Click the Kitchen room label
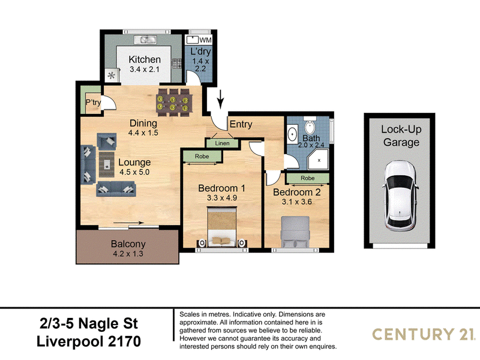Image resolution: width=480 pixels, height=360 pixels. tap(145, 59)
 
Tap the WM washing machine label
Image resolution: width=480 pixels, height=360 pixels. tap(205, 40)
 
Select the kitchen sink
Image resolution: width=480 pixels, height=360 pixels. tap(145, 40)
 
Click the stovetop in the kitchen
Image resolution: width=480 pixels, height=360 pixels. tap(177, 64)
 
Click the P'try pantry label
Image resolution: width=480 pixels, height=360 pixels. tap(93, 102)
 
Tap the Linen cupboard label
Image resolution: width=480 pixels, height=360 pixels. tap(222, 143)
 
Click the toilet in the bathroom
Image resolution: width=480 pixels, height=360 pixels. tap(310, 125)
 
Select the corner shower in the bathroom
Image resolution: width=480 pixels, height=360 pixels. tap(318, 159)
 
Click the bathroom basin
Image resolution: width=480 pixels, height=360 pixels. tap(293, 134)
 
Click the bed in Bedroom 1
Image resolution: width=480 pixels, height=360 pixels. tap(222, 227)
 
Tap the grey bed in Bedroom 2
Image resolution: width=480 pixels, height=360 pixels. tap(295, 232)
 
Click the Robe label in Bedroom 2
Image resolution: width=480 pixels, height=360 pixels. tap(308, 178)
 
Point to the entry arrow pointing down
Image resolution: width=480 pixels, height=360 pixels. tap(221, 99)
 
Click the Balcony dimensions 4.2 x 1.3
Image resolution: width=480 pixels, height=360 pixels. tap(128, 253)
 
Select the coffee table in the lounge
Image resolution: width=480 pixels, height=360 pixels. tap(107, 164)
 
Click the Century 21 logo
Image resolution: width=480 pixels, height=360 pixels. tap(424, 334)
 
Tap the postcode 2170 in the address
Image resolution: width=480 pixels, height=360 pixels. tap(125, 341)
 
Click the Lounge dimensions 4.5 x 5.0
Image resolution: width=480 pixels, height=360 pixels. tap(134, 172)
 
